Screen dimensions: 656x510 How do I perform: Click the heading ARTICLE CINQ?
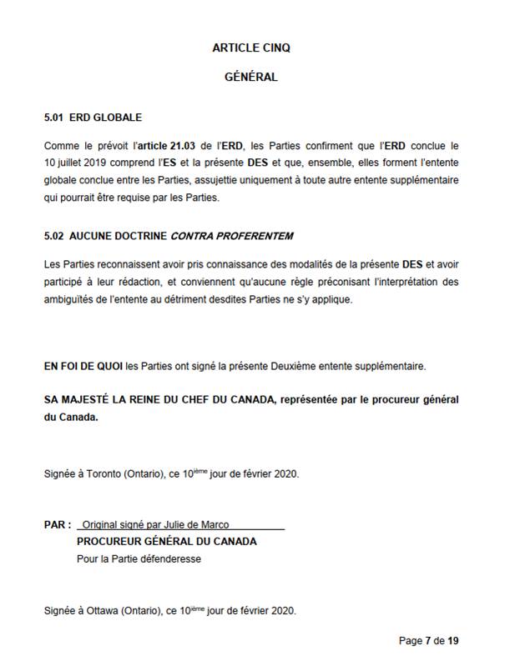coord(250,48)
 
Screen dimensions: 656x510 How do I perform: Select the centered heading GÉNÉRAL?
coord(250,78)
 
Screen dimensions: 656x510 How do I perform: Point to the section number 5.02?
coord(53,236)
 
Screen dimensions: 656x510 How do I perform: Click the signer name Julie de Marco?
coord(196,525)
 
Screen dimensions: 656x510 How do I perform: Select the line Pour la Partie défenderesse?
coord(139,558)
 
